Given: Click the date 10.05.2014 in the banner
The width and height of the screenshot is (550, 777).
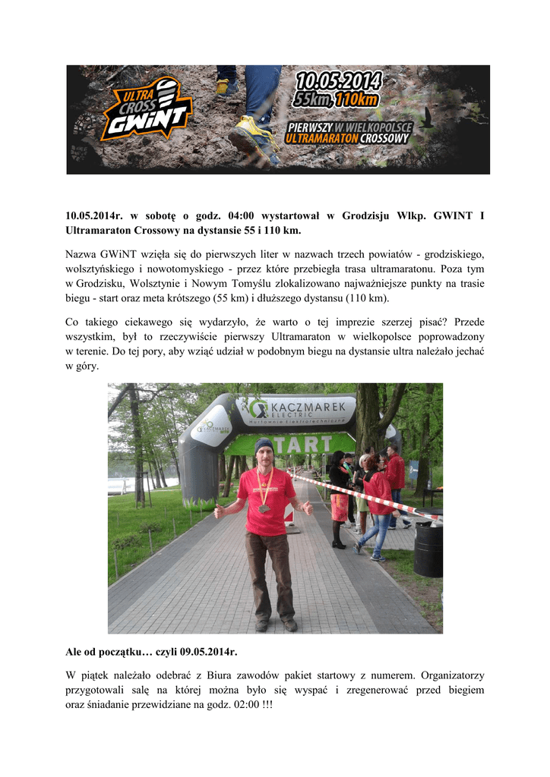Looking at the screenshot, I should click(x=339, y=81).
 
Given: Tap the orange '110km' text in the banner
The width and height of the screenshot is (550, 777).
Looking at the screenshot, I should click(x=359, y=100).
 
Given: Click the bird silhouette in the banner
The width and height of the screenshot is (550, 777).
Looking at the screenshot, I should click(x=431, y=116).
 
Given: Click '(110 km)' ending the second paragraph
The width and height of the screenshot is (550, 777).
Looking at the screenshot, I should click(x=369, y=298).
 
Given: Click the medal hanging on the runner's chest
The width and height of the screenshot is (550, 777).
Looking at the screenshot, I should click(x=264, y=508).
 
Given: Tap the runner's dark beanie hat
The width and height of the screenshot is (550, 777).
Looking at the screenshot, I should click(x=264, y=445).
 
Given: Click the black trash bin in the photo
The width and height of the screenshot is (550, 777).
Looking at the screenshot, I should click(x=428, y=549).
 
